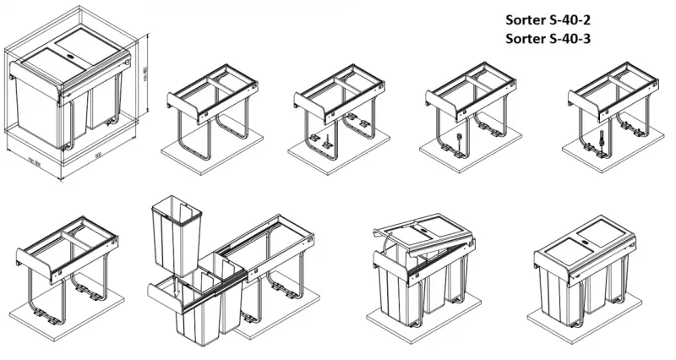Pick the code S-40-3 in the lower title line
(x=567, y=39)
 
